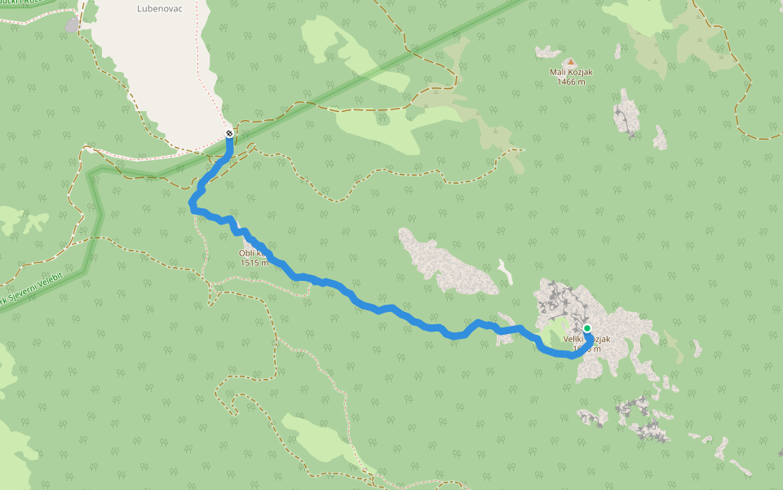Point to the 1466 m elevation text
[x=571, y=82]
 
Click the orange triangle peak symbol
[x=571, y=61]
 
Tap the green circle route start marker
[x=587, y=328]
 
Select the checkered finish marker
[x=230, y=133]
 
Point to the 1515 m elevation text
[x=254, y=263]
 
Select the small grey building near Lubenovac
[x=72, y=24]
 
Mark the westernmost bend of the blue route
[x=192, y=202]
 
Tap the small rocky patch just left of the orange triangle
[x=547, y=52]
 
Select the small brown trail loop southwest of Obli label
[x=214, y=291]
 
